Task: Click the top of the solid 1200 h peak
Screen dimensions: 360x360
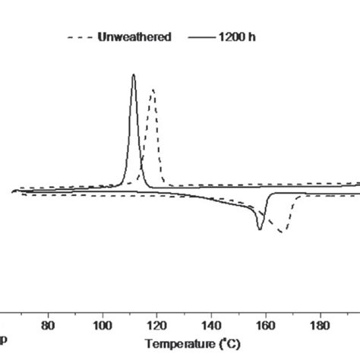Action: click(x=134, y=74)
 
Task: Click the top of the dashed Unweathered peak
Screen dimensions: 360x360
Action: click(x=153, y=90)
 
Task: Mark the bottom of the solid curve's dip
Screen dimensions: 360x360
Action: click(x=261, y=229)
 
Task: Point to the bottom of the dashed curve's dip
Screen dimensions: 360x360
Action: click(x=280, y=232)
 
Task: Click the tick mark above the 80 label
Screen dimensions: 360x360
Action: click(x=48, y=312)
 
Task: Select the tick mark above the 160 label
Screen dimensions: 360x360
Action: click(x=264, y=312)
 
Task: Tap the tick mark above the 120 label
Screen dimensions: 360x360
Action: click(x=156, y=312)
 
